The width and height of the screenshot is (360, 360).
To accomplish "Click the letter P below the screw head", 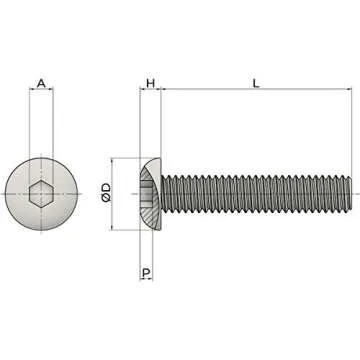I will pos(146,272).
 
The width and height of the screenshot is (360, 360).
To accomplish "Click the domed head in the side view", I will pos(148,194).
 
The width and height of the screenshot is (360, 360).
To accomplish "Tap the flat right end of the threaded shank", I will pos(353,194).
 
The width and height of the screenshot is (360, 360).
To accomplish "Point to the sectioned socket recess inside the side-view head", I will pos(147,194).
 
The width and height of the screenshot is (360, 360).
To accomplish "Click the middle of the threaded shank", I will pos(256,194).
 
